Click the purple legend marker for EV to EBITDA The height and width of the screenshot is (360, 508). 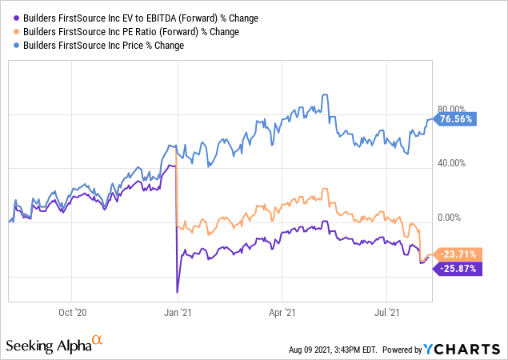(12, 17)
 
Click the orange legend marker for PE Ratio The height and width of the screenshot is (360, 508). (12, 31)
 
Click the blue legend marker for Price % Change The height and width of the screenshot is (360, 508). (12, 46)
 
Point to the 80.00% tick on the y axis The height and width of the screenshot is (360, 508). (451, 109)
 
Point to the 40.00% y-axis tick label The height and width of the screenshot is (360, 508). (451, 163)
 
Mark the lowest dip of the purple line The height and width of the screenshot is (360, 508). (177, 292)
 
